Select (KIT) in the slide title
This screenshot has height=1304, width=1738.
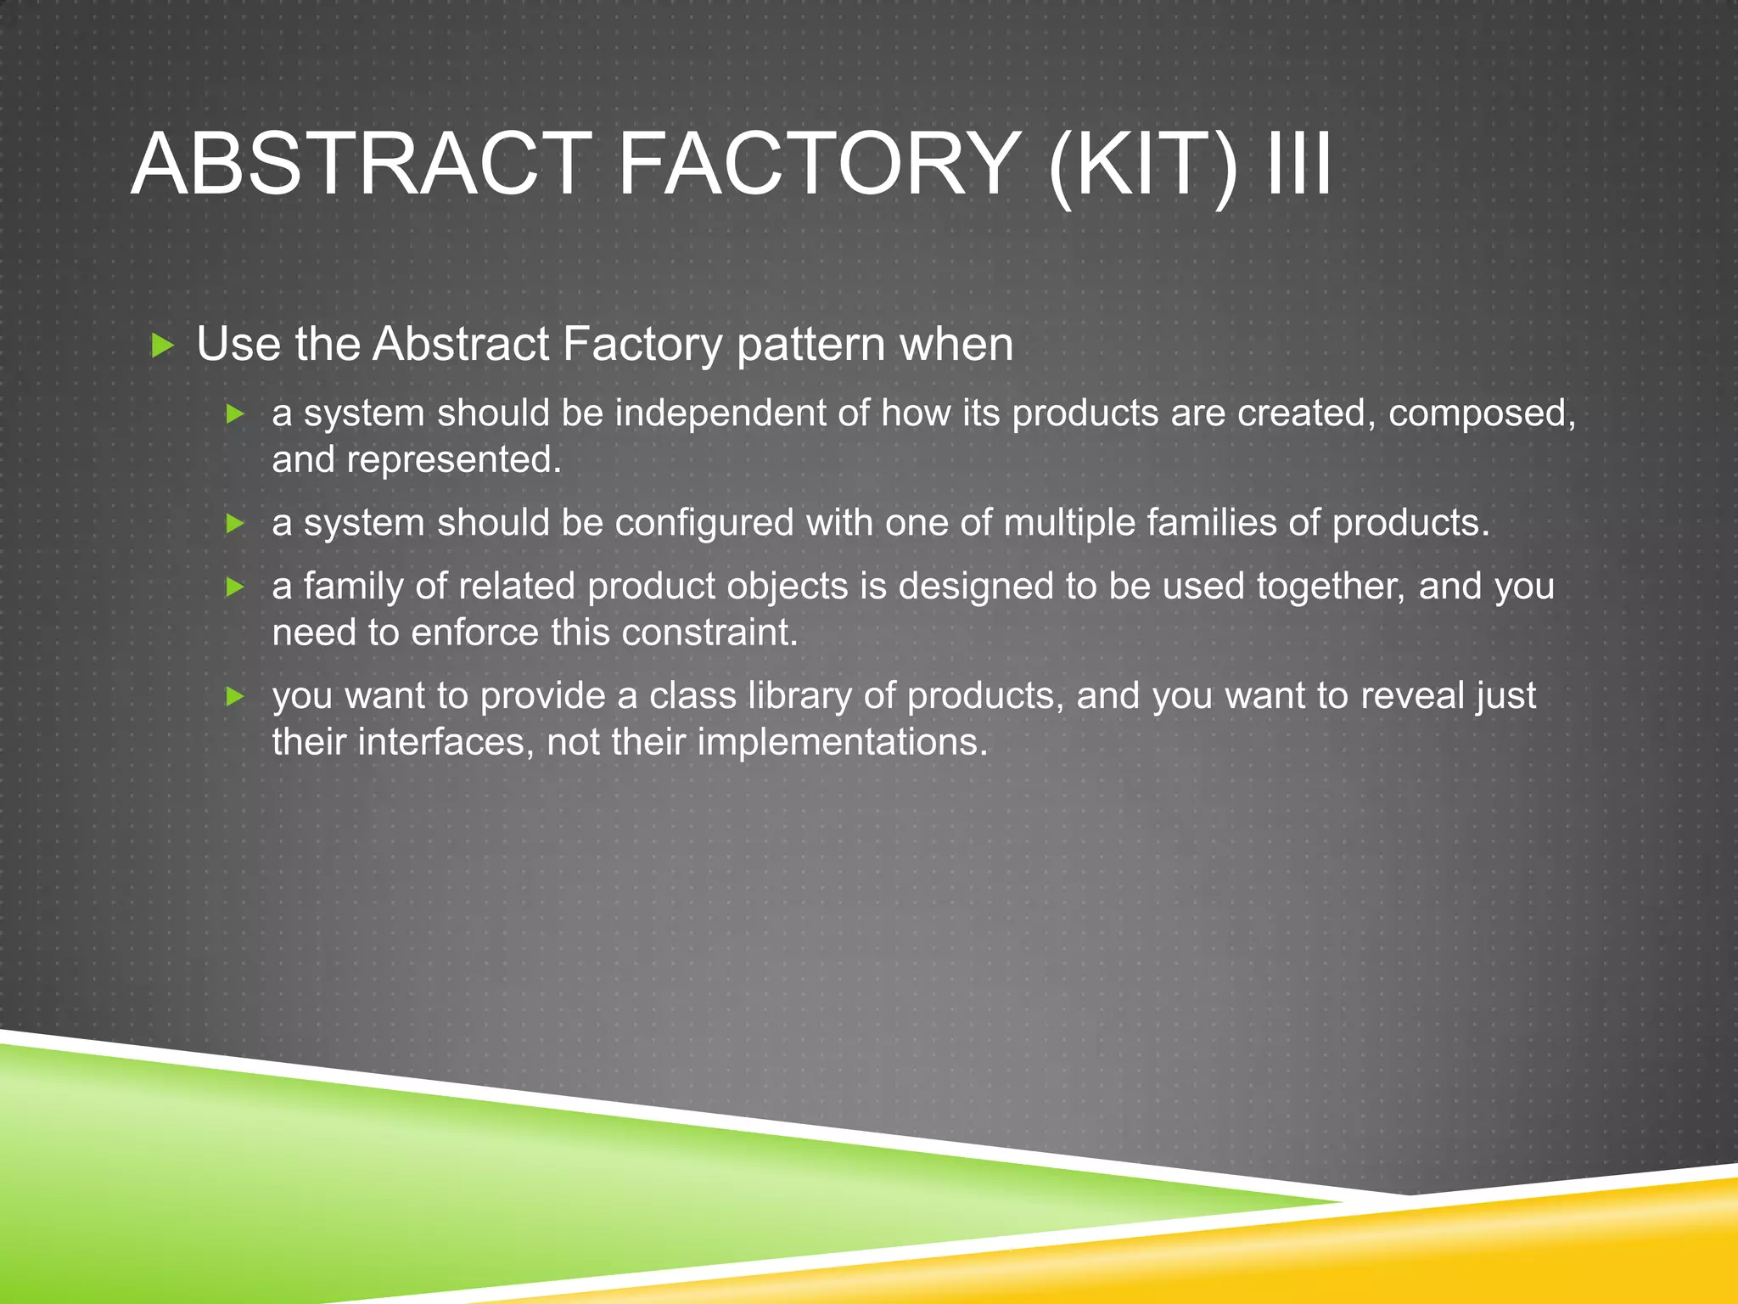(1142, 166)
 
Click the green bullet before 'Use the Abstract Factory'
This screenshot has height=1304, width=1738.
(162, 346)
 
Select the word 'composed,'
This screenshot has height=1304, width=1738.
(1482, 415)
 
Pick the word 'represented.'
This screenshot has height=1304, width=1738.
(453, 461)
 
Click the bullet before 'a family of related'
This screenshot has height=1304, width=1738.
(236, 587)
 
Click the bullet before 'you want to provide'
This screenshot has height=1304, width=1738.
(236, 697)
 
